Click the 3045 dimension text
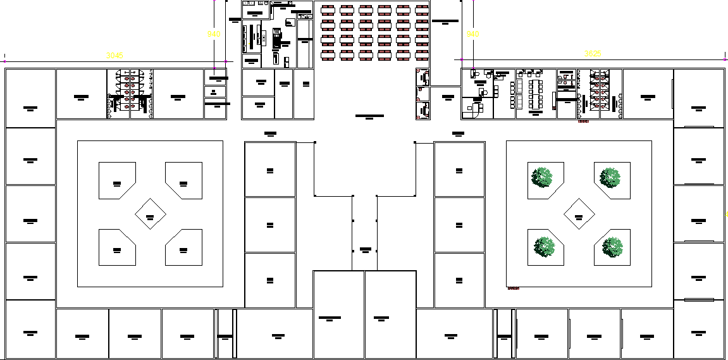click(x=114, y=56)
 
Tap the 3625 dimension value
click(x=593, y=54)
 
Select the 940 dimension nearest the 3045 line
click(x=214, y=34)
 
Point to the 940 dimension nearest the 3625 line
click(x=472, y=34)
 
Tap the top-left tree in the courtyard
click(x=543, y=178)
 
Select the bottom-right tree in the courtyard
click(x=613, y=247)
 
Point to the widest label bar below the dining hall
click(x=369, y=116)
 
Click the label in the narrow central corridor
click(x=365, y=249)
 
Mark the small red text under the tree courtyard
click(x=513, y=289)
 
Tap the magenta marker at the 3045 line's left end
click(x=5, y=61)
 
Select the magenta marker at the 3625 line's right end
click(x=725, y=60)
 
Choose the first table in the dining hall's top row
click(x=328, y=9)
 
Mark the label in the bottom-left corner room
click(x=30, y=332)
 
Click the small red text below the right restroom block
click(x=583, y=121)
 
